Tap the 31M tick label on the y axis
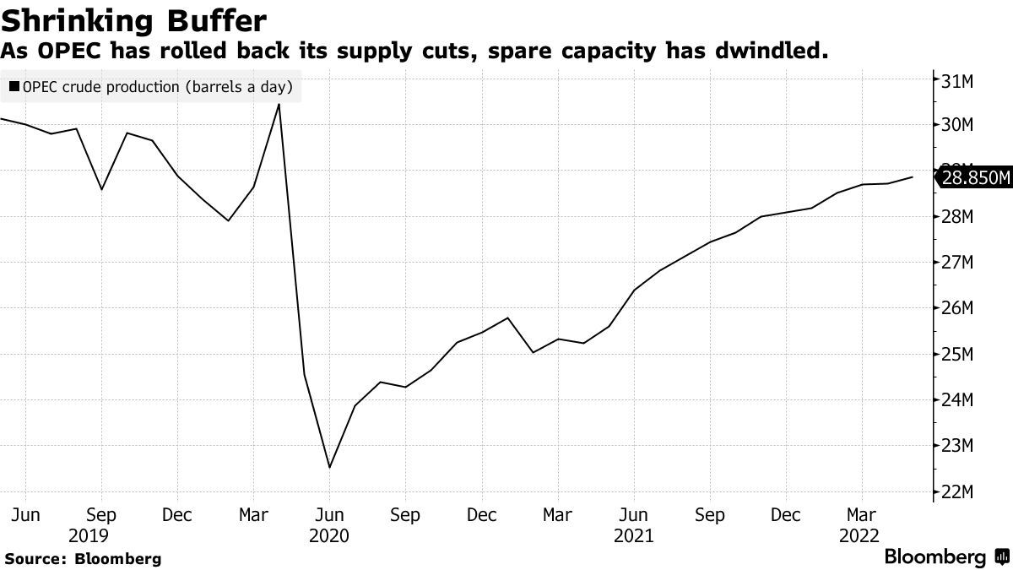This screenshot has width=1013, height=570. click(x=957, y=80)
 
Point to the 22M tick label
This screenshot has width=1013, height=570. click(x=957, y=491)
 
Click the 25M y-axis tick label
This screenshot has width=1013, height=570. click(x=957, y=354)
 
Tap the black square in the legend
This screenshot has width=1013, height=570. click(x=14, y=86)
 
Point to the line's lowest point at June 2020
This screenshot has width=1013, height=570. click(x=329, y=467)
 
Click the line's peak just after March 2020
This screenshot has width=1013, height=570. click(x=279, y=105)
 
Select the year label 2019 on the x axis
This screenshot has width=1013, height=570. click(x=88, y=535)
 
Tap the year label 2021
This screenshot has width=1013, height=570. click(x=633, y=535)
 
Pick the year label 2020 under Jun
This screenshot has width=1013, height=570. click(x=329, y=535)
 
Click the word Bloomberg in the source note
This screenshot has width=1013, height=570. click(x=117, y=558)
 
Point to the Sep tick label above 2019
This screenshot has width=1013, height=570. click(x=101, y=514)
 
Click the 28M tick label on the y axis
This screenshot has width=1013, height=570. click(x=957, y=217)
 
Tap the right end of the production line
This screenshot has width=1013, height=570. click(x=913, y=177)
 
